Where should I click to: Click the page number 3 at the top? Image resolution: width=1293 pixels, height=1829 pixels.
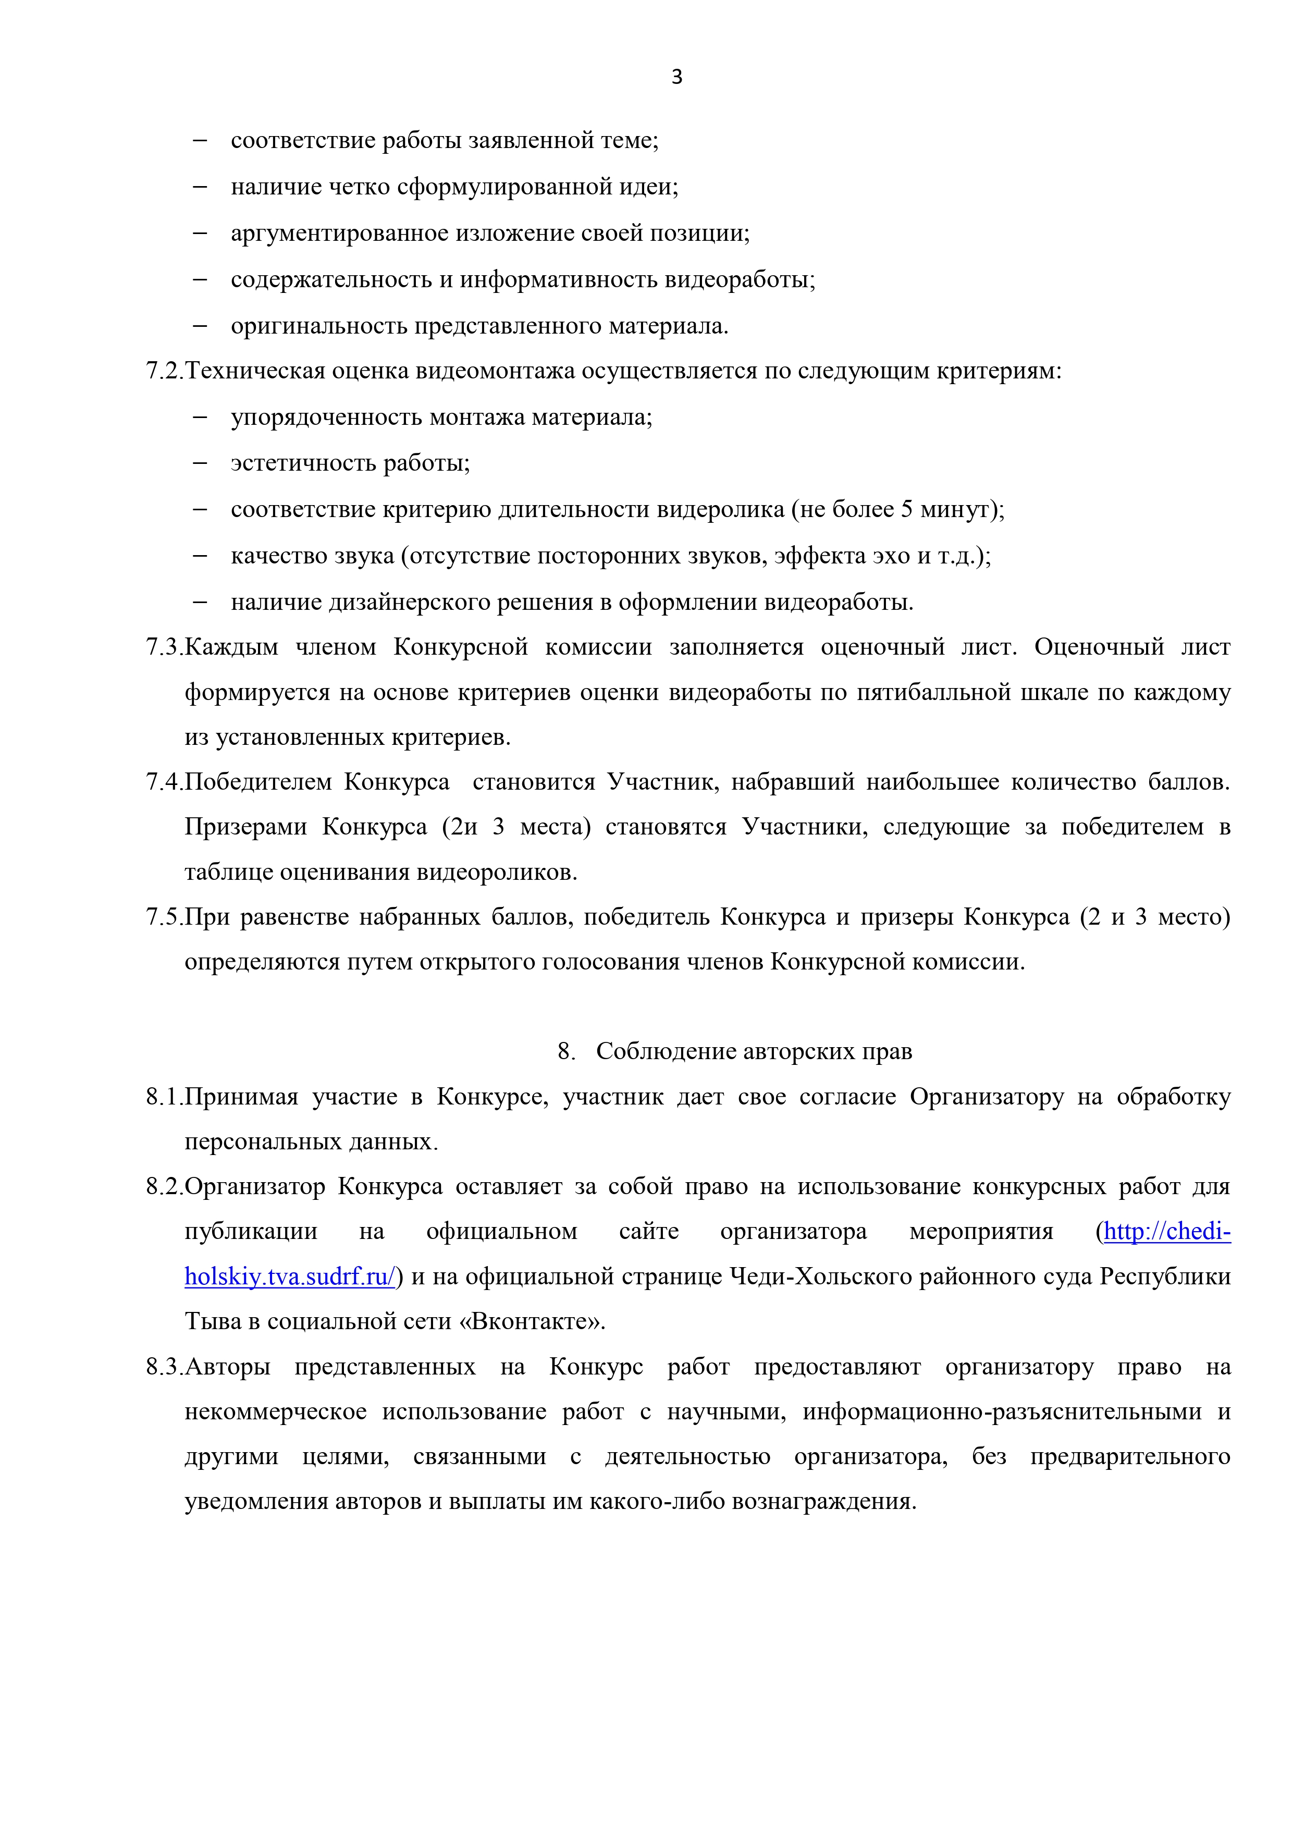[676, 77]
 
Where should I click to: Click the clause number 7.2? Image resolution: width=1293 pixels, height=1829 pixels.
[164, 371]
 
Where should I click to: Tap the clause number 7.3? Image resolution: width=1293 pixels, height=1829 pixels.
[164, 647]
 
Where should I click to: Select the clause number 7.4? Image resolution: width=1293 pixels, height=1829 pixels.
[164, 782]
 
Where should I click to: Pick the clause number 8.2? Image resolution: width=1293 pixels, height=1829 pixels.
[164, 1187]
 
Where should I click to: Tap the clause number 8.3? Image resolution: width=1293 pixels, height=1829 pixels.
[164, 1367]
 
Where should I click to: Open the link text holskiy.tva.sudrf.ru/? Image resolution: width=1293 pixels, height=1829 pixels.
[290, 1277]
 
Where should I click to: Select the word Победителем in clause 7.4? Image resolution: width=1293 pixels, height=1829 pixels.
[257, 782]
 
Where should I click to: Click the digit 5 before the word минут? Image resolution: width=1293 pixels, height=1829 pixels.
[907, 509]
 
